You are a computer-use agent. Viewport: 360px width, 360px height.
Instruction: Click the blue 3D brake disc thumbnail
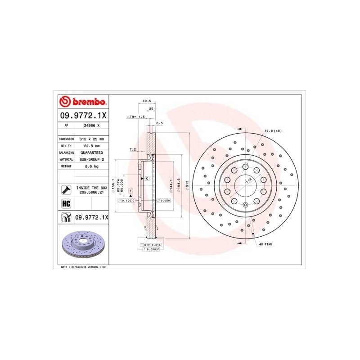tap(84, 245)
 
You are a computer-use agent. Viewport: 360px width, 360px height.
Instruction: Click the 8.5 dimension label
tap(159, 123)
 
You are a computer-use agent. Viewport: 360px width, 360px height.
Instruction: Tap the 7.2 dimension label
tap(132, 149)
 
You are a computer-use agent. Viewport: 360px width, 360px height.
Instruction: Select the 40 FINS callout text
tap(265, 244)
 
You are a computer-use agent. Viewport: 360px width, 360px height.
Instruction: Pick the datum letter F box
tap(130, 191)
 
